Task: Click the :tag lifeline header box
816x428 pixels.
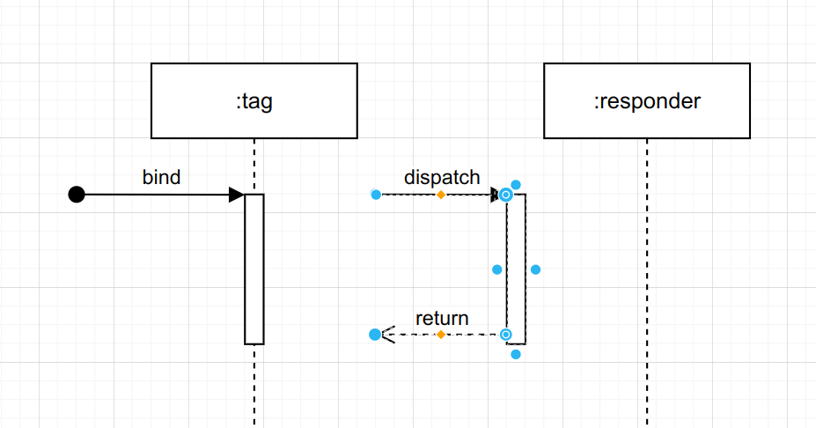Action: [x=254, y=100]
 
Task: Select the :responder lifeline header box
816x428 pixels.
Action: [x=647, y=100]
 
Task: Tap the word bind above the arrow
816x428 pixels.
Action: [x=161, y=177]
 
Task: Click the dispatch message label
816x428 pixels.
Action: [x=442, y=176]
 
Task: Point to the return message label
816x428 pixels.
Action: [x=442, y=318]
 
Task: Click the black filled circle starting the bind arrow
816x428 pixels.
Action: [x=77, y=195]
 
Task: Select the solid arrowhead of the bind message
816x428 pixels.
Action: [x=236, y=195]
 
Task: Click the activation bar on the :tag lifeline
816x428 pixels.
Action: [x=254, y=269]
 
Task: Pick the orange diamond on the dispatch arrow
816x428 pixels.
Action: [x=441, y=195]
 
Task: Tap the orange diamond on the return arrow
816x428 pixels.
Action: [x=441, y=335]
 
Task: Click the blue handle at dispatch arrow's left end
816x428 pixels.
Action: [x=376, y=195]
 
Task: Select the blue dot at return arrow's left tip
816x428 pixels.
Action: [x=375, y=335]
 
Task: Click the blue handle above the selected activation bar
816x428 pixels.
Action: [x=516, y=185]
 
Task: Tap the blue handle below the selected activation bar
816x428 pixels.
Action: [x=516, y=354]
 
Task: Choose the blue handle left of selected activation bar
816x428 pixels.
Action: [x=496, y=269]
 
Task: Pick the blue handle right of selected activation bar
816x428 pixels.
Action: [x=535, y=269]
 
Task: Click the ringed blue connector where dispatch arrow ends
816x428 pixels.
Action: [x=506, y=195]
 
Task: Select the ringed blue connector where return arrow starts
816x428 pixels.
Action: [x=506, y=335]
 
